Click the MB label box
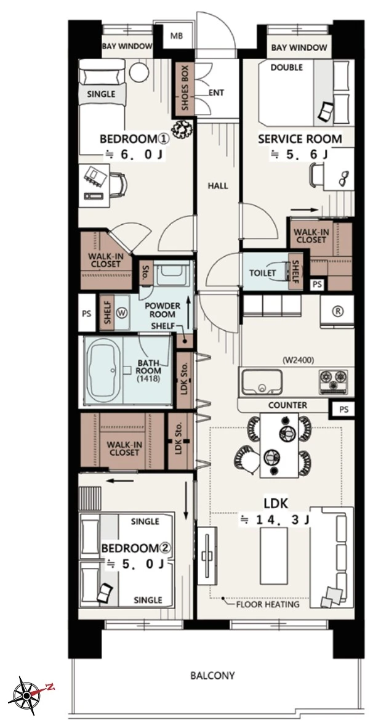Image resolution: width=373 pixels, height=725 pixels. point(177,36)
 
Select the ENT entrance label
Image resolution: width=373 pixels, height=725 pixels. point(216,93)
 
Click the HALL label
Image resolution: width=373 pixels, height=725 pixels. point(218,186)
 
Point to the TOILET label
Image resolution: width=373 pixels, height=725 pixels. point(263,273)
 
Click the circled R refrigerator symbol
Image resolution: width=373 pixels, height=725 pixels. point(338,311)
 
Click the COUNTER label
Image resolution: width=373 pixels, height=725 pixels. point(287,405)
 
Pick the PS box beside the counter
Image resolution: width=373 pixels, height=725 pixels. point(343,409)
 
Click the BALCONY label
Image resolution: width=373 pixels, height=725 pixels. point(212,676)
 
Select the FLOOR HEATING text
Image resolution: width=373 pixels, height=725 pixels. point(268,604)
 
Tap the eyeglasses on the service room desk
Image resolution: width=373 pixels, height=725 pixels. point(343,178)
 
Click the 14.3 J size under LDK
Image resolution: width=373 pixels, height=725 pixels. point(274,520)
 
